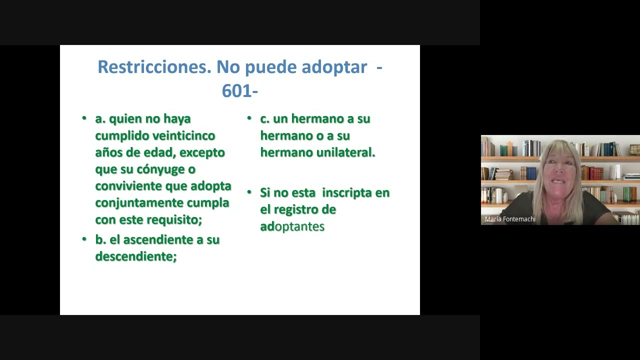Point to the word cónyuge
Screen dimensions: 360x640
point(160,169)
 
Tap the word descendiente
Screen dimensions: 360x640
point(135,256)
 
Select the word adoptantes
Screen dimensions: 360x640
point(292,226)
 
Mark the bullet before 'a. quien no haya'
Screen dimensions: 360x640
point(84,118)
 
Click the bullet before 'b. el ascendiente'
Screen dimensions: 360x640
point(84,239)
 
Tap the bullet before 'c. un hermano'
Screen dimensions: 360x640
point(249,118)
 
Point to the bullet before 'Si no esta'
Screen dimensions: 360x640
point(249,192)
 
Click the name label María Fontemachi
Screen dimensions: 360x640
point(510,219)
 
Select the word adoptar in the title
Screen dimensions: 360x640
point(334,67)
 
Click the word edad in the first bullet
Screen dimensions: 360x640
point(160,152)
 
